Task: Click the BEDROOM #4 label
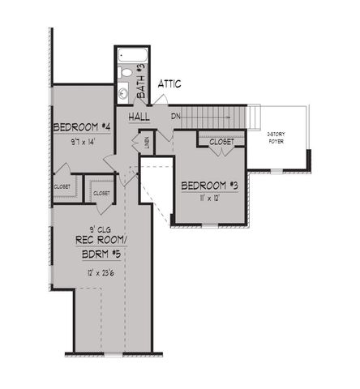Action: [80, 127]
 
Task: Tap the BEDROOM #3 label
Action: [210, 186]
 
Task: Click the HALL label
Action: [139, 117]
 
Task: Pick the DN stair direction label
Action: [176, 117]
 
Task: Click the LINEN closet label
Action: [147, 143]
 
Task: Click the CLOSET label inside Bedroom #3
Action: [221, 142]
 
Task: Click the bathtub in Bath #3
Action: [131, 57]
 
